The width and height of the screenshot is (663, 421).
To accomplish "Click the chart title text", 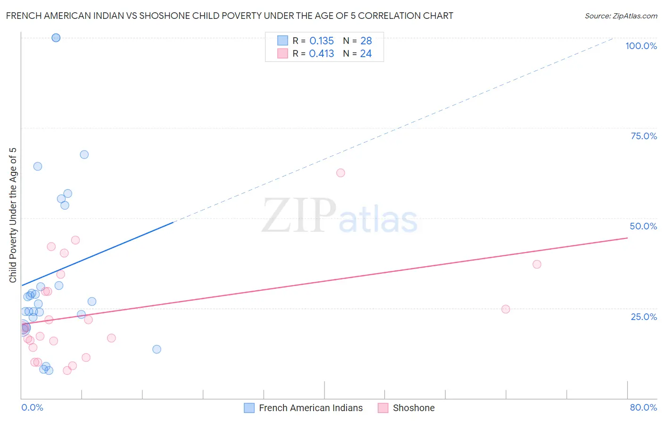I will tap(230, 16).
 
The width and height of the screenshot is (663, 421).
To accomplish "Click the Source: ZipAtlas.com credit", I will tap(621, 16).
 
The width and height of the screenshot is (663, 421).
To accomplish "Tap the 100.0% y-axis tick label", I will tap(641, 46).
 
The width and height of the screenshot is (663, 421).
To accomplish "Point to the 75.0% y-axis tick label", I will tap(644, 136).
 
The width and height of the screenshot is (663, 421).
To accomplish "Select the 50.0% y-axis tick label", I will tap(643, 226).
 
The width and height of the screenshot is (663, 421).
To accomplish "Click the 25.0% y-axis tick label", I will tap(644, 316).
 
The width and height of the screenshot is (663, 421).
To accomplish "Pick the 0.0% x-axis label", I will tap(32, 407).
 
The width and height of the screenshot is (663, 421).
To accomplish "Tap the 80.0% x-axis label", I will tap(643, 407).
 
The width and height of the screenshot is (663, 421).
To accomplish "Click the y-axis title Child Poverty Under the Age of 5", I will tap(13, 215).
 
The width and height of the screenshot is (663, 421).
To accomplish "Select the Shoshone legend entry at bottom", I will tap(407, 408).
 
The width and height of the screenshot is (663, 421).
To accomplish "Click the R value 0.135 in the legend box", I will tap(322, 41).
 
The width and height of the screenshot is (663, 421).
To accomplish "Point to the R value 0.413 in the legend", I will tap(322, 54).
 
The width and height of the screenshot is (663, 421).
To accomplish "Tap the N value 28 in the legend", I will tap(366, 41).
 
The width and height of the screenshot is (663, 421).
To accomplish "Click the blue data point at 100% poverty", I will tap(56, 38).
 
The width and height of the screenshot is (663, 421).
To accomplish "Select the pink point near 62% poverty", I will tap(340, 173).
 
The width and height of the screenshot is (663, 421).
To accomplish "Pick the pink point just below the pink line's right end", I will tap(537, 264).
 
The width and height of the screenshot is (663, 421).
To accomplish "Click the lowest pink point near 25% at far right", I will tap(506, 309).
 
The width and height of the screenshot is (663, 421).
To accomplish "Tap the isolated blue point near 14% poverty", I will tap(157, 349).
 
